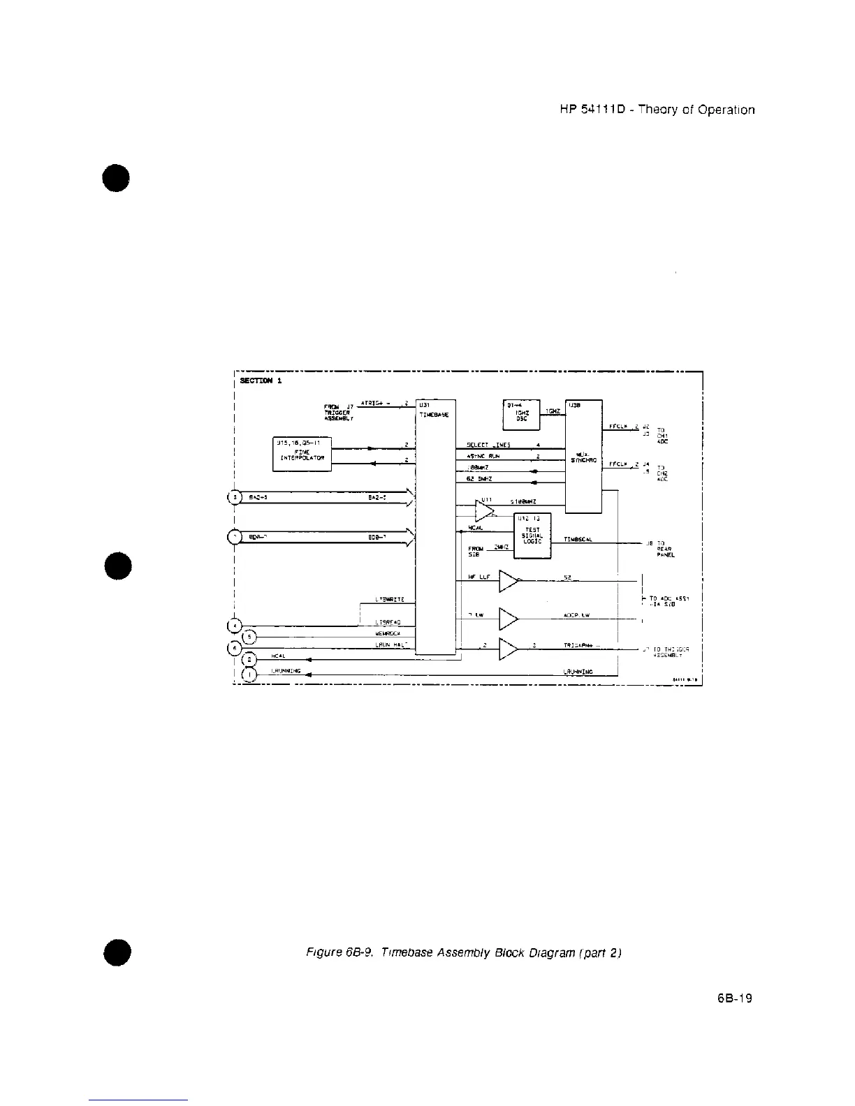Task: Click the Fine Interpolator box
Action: (x=302, y=454)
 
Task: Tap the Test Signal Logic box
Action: (x=532, y=536)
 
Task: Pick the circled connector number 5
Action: (x=249, y=636)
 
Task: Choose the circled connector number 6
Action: (x=235, y=647)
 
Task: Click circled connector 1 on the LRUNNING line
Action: (x=249, y=674)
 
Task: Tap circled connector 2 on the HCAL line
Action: (x=249, y=659)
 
